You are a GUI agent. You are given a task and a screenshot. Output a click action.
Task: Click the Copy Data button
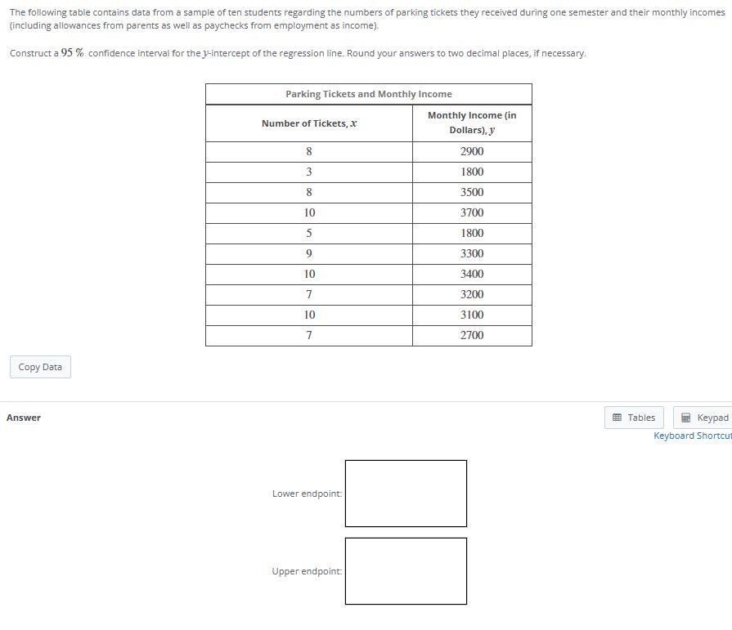(40, 367)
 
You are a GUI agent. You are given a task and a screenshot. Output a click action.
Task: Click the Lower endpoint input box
(406, 494)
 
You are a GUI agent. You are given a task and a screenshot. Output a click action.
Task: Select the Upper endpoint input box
(406, 570)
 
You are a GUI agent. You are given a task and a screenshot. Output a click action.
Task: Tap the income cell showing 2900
(472, 151)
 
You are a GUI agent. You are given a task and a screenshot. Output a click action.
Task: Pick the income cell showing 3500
(472, 192)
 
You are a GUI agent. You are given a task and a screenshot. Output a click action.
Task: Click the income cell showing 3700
(472, 212)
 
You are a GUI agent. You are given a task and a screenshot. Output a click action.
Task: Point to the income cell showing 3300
(472, 253)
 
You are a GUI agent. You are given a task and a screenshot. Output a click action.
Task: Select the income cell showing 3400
(472, 274)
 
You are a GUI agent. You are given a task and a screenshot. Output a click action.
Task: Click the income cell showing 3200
(472, 294)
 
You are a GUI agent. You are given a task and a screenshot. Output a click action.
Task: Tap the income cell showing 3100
(472, 315)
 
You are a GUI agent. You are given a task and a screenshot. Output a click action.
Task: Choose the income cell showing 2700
(472, 335)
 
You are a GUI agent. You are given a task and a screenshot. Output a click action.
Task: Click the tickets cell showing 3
(309, 172)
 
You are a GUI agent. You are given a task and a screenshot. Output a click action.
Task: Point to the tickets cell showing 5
(309, 233)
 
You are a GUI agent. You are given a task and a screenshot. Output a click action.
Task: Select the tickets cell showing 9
(309, 253)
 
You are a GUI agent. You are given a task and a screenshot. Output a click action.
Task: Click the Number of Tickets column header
(309, 123)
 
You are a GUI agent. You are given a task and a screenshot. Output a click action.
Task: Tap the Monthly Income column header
(472, 123)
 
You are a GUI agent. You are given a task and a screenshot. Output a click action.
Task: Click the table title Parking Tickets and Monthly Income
(368, 94)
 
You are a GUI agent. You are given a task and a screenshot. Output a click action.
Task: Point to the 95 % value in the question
(73, 53)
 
